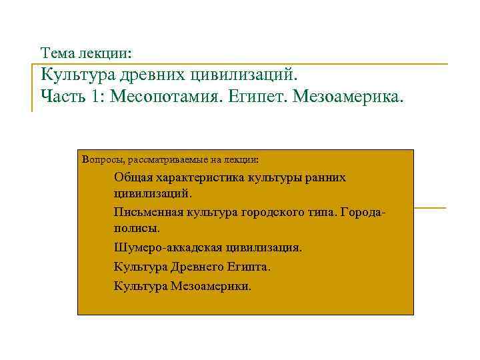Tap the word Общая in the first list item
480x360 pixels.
131,177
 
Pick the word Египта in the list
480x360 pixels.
249,267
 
